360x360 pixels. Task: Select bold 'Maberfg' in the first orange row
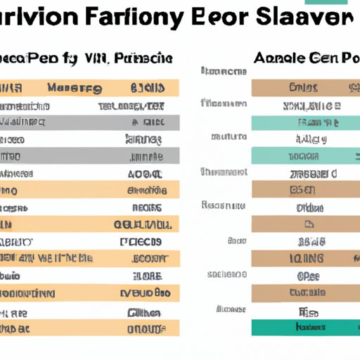coord(74,89)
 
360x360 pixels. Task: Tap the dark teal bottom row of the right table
coord(305,327)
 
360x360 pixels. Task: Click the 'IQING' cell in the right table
coord(305,258)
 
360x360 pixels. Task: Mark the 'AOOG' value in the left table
coord(146,172)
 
